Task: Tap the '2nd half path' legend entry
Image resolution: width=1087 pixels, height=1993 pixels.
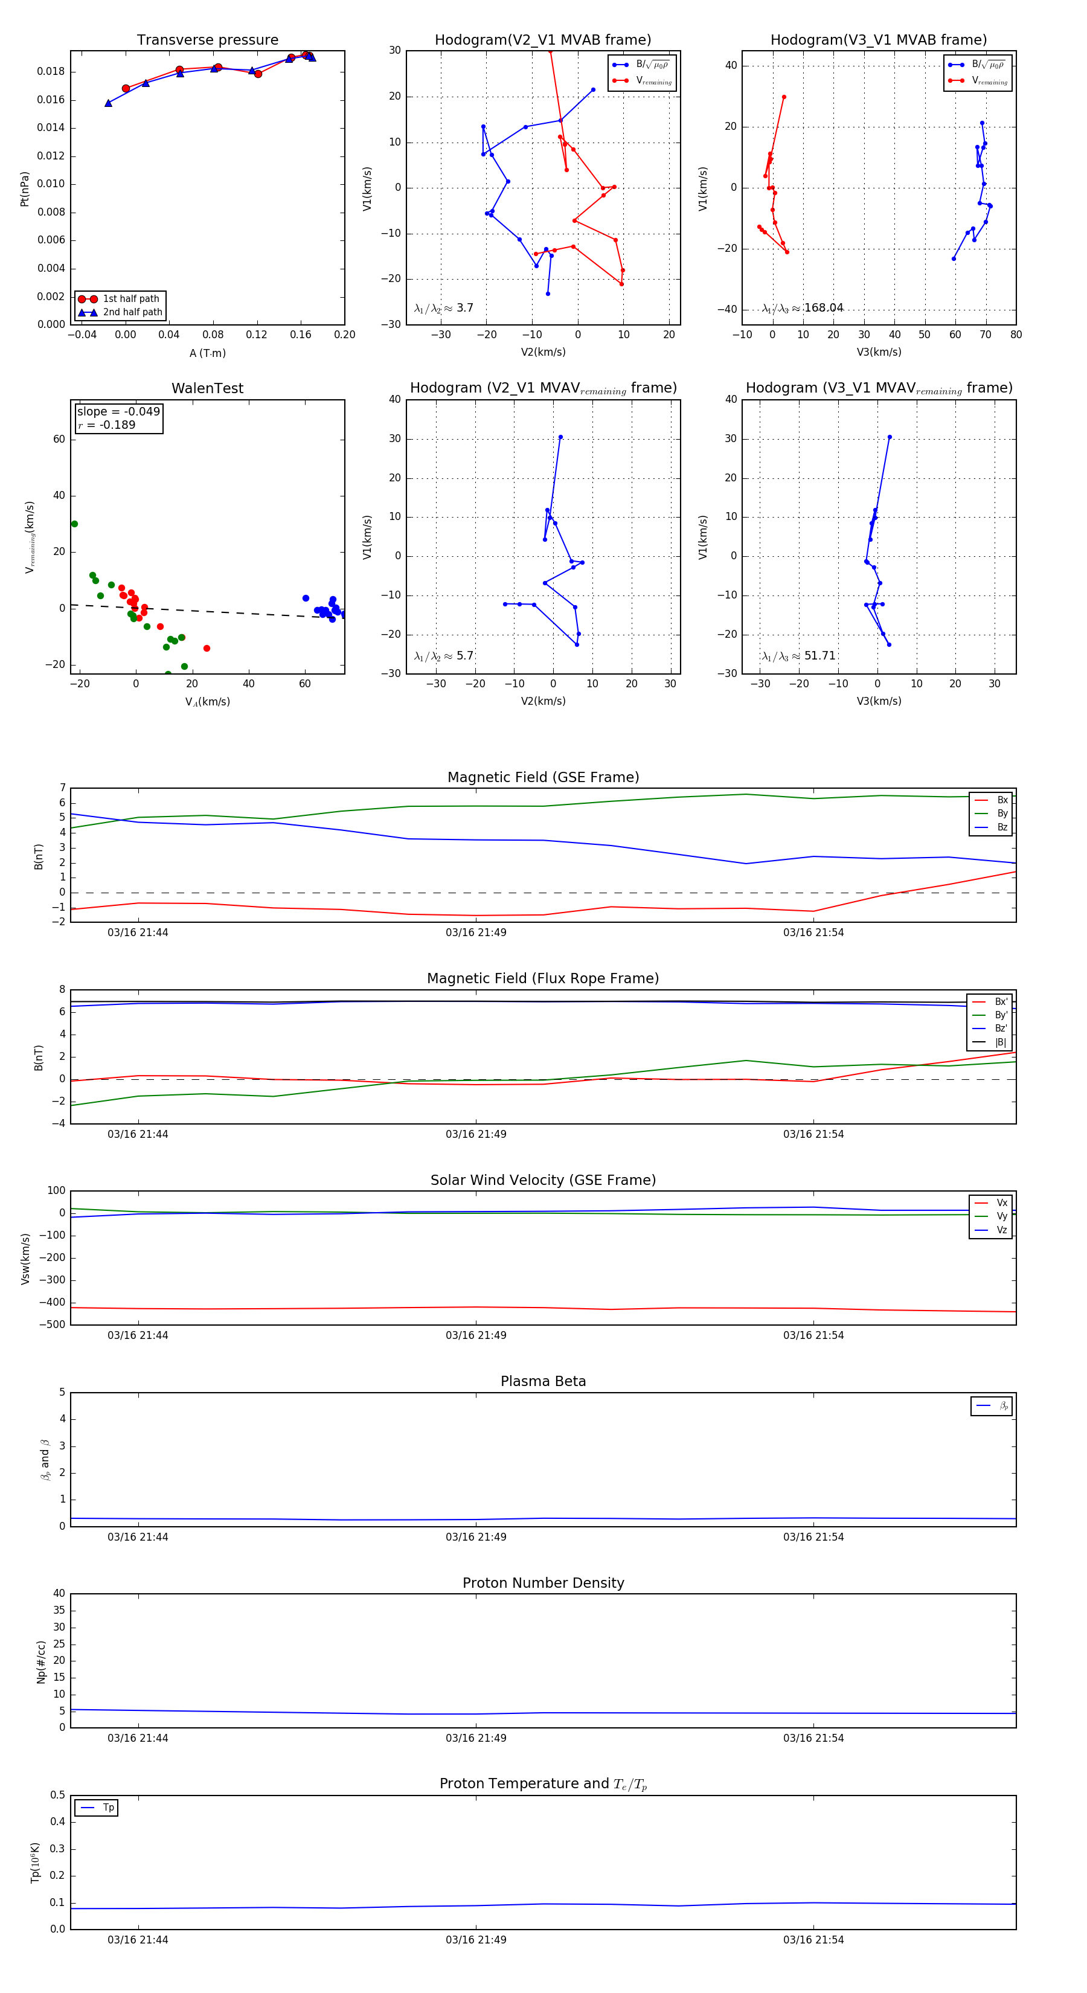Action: pos(132,313)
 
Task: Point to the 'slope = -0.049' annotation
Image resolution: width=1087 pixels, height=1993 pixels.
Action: pos(118,412)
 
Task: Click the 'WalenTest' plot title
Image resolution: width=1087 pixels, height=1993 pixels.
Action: pos(207,388)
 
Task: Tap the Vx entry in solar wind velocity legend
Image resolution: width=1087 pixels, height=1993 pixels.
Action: pos(1001,1203)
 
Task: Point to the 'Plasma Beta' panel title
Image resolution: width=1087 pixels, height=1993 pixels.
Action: pos(543,1382)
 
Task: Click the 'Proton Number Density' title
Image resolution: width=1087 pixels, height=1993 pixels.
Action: pos(543,1583)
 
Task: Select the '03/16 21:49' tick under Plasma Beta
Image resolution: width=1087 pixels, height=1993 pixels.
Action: pos(476,1537)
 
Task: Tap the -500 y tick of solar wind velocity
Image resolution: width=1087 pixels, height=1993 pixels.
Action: pos(53,1324)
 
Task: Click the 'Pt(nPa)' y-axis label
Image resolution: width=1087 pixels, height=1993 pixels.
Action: pos(24,189)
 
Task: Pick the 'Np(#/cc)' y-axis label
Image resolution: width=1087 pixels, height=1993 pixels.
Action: pos(41,1662)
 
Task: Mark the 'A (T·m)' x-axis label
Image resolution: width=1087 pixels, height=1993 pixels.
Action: pos(207,353)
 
